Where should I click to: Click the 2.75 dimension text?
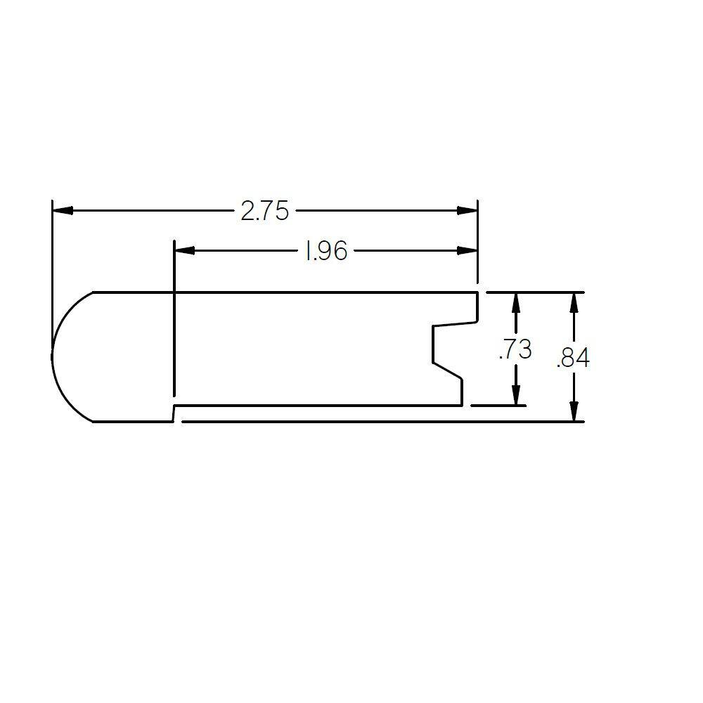[x=264, y=211]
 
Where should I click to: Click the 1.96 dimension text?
[x=325, y=251]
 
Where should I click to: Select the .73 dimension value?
[x=515, y=349]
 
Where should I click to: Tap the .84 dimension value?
[x=573, y=359]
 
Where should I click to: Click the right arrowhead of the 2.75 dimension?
[x=467, y=210]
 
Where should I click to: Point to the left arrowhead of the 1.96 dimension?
[x=184, y=250]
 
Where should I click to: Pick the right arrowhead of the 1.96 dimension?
[x=467, y=250]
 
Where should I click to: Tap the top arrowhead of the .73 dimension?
[x=516, y=302]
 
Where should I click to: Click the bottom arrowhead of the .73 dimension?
[x=516, y=395]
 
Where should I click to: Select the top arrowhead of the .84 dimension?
[x=574, y=302]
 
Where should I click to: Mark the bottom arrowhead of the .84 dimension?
[x=574, y=411]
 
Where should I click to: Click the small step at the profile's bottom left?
[x=174, y=413]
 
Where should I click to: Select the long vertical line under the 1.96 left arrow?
[x=174, y=330]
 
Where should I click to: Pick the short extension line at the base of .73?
[x=498, y=406]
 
